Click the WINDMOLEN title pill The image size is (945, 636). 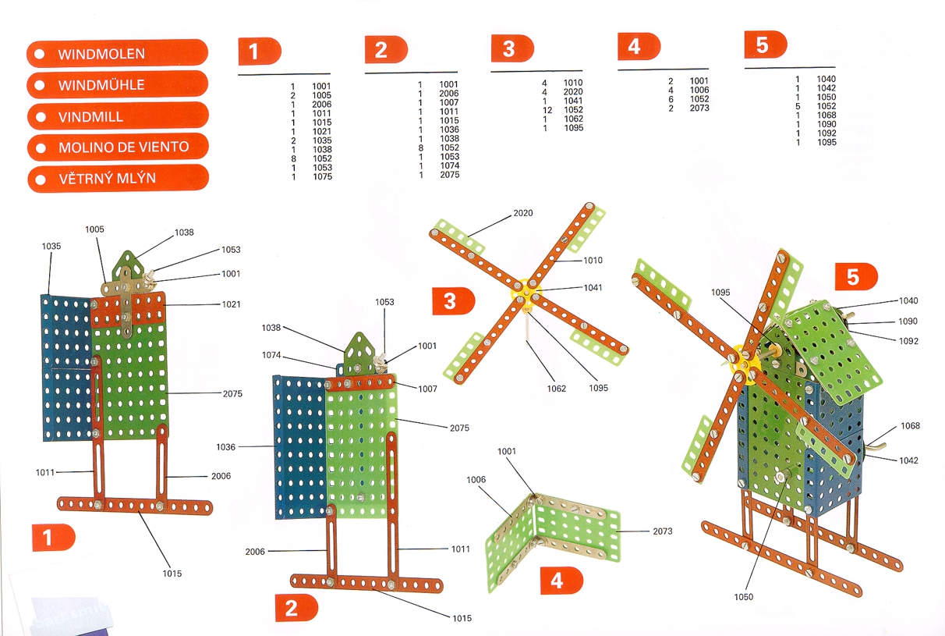click(x=117, y=54)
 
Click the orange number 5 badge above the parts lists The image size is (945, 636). click(x=765, y=45)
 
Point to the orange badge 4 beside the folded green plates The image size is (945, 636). click(x=561, y=581)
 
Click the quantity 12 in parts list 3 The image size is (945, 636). click(x=547, y=110)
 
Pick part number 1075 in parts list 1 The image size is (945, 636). click(x=322, y=177)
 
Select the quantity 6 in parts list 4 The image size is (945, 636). click(x=671, y=99)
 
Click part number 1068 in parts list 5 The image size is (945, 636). click(x=826, y=115)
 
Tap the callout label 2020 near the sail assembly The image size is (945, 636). click(x=523, y=213)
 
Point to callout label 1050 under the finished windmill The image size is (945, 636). click(x=744, y=597)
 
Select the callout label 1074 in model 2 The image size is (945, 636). click(x=271, y=356)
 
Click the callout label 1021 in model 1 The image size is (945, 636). click(x=231, y=304)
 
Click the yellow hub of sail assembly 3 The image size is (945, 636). click(x=528, y=293)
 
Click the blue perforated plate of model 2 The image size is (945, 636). click(x=299, y=445)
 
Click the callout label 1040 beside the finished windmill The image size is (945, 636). click(x=908, y=301)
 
